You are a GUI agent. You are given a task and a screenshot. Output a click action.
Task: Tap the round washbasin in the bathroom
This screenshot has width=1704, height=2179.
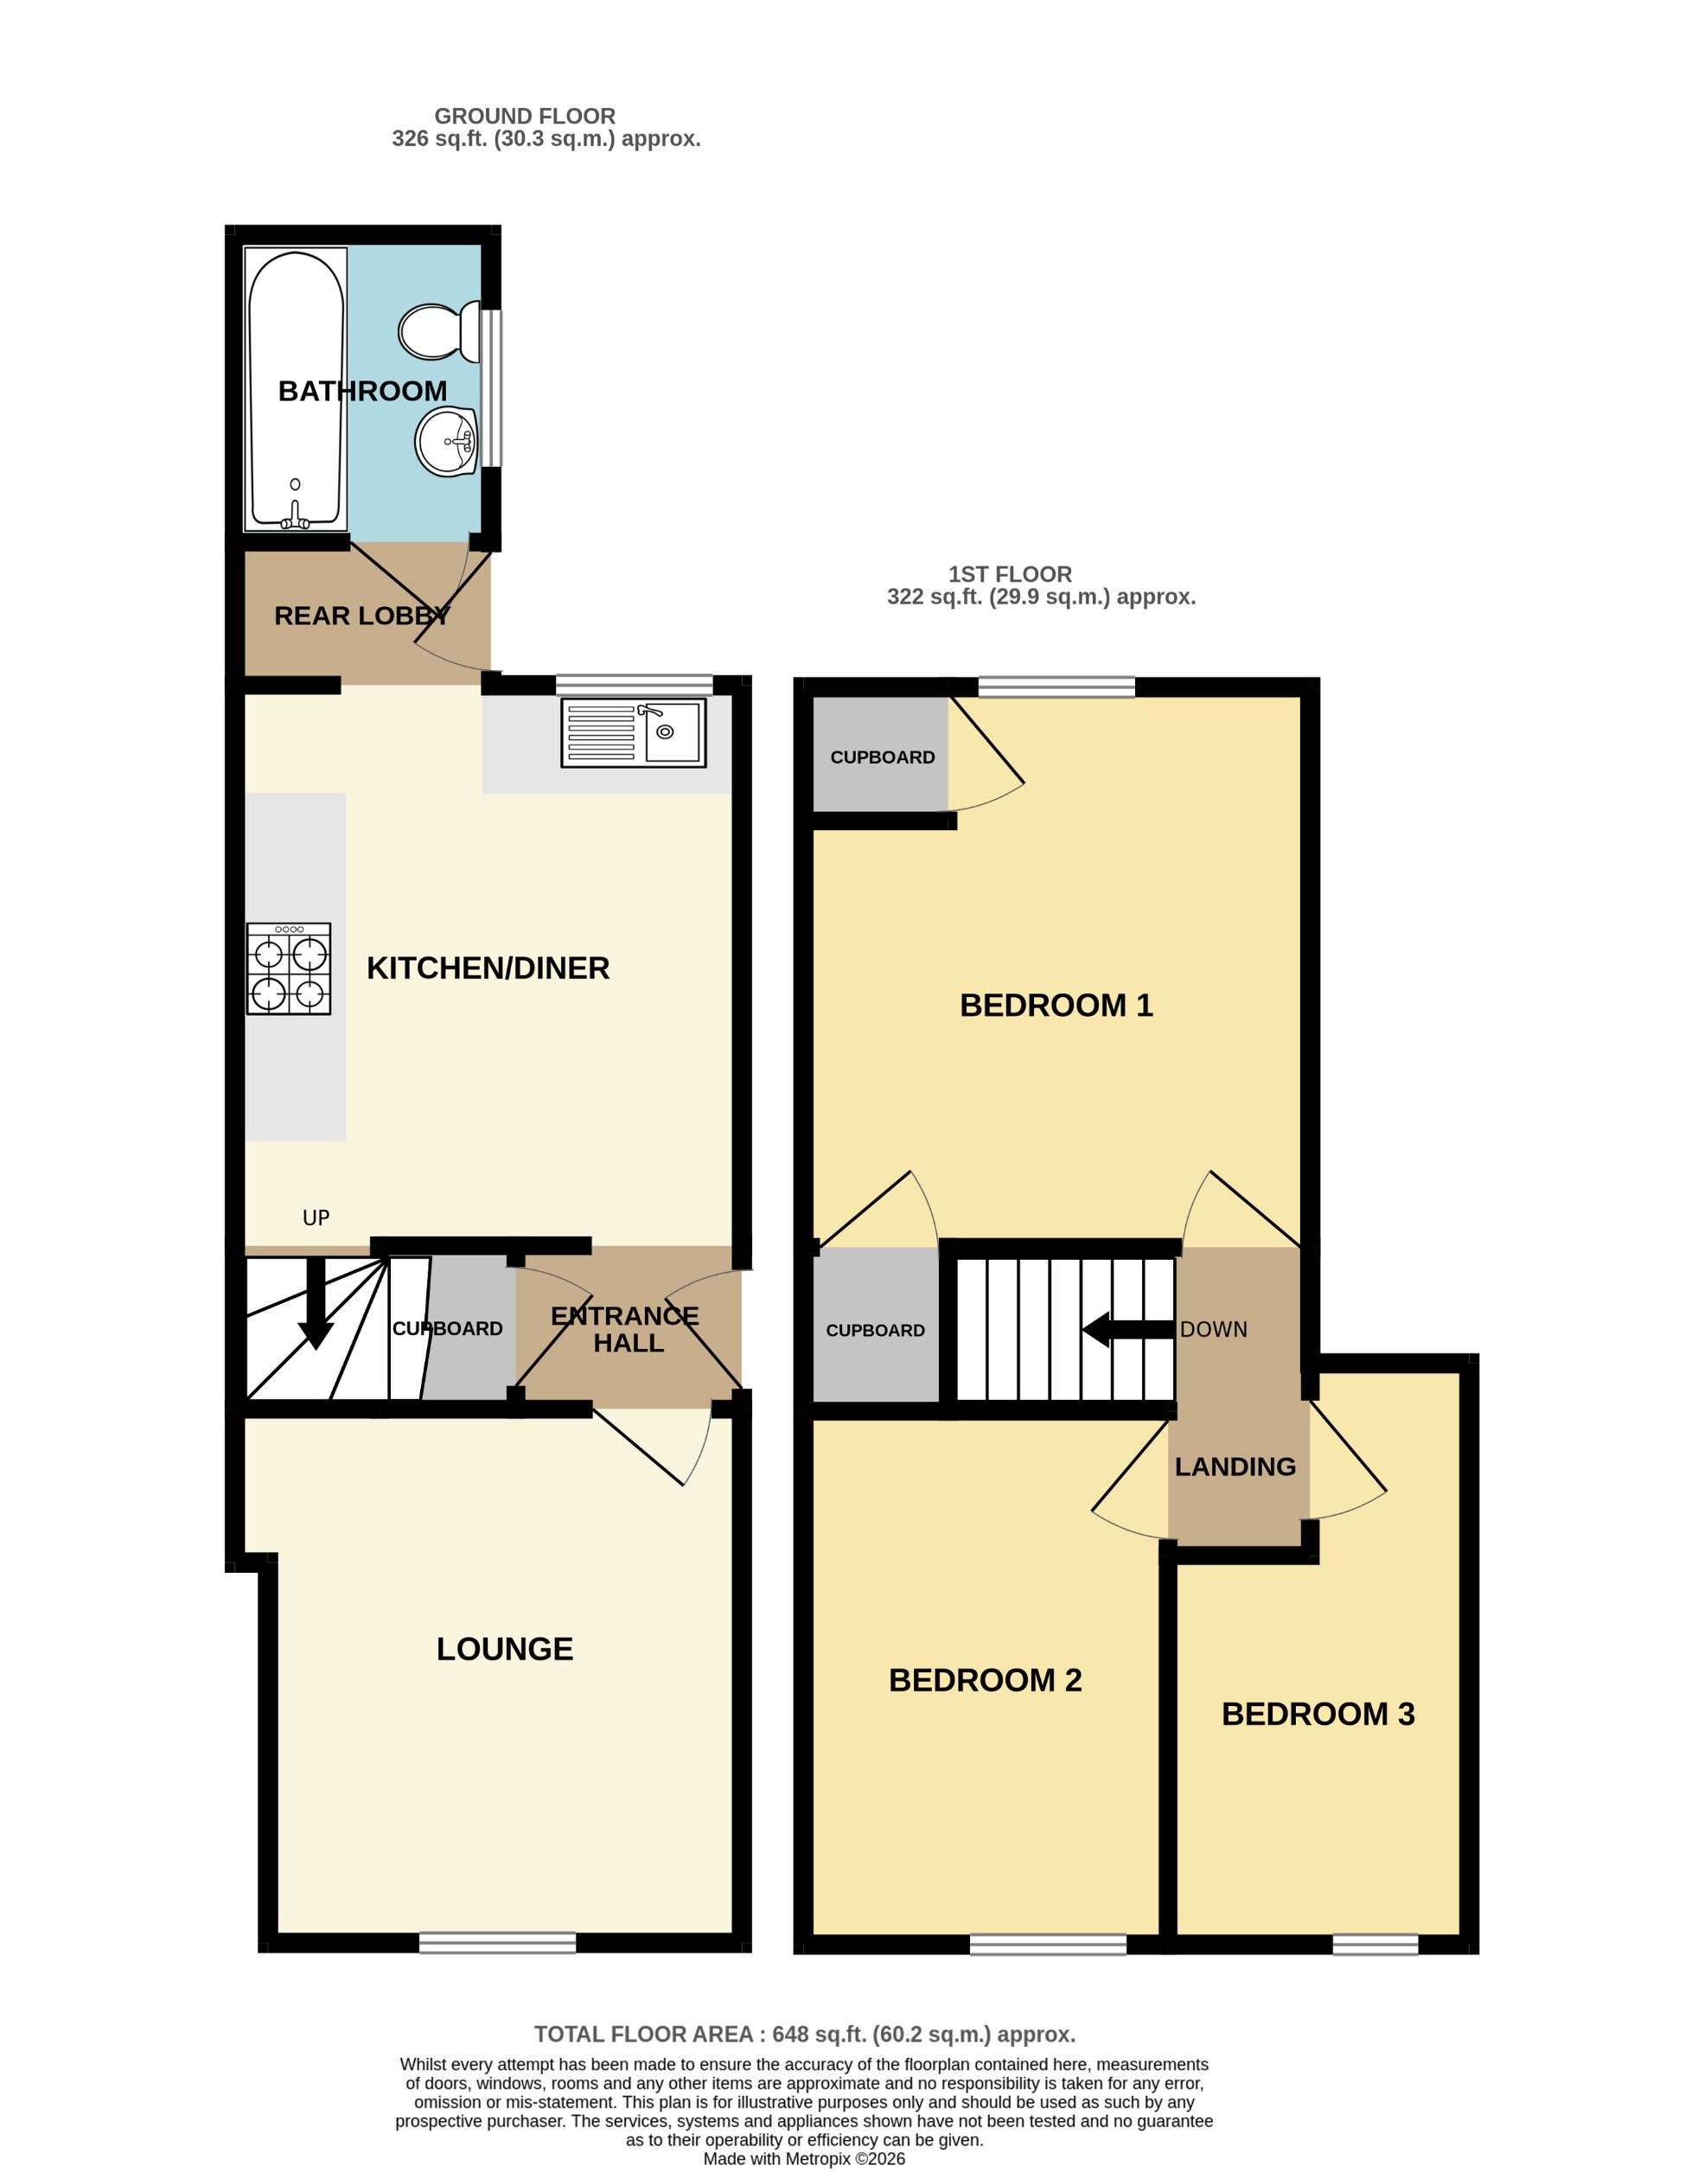(x=446, y=441)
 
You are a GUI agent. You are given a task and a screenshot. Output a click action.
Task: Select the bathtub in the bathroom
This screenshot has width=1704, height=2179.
(x=296, y=389)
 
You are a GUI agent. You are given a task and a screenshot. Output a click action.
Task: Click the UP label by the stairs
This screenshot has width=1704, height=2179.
(x=316, y=1217)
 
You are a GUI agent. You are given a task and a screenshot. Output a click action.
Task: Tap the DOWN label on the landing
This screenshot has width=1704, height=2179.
(x=1213, y=1329)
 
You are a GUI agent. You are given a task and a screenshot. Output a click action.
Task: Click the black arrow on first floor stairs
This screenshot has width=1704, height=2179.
(x=1127, y=1329)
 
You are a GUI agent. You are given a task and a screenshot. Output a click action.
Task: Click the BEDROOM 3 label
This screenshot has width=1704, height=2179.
(x=1318, y=1714)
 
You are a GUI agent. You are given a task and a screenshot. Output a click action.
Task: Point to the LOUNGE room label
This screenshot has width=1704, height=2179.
(x=504, y=1648)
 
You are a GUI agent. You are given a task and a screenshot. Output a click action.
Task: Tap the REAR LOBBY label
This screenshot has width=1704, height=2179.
(x=361, y=616)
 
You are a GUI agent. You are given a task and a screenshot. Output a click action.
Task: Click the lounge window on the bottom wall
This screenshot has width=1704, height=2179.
(x=497, y=1941)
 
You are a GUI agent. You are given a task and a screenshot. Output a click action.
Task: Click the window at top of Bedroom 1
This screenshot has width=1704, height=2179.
(x=1056, y=687)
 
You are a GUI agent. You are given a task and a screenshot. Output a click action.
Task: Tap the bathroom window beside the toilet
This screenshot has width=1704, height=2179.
(x=491, y=389)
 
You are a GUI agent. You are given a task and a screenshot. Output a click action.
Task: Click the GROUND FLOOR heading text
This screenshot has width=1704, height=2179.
(x=525, y=116)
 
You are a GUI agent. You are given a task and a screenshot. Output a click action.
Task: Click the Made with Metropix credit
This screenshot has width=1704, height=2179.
(x=804, y=2158)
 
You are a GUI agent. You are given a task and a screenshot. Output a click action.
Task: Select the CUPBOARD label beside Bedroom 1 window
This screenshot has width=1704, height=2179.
(x=882, y=757)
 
